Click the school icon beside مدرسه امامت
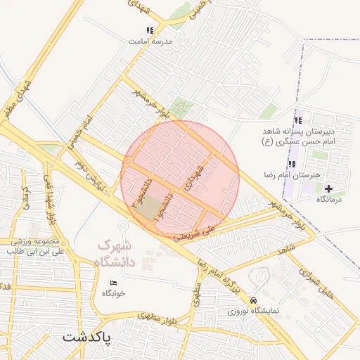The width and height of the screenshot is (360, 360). [149, 30]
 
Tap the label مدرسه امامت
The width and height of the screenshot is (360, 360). [150, 41]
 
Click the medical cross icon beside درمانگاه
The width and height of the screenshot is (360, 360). [328, 188]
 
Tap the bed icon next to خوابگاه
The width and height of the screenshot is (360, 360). [114, 283]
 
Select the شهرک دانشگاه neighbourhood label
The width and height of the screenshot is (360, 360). [114, 253]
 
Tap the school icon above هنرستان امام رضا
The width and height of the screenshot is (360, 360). [292, 163]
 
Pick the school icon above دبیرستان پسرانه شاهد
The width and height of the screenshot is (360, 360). [298, 120]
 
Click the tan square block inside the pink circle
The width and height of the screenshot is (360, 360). [148, 208]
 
